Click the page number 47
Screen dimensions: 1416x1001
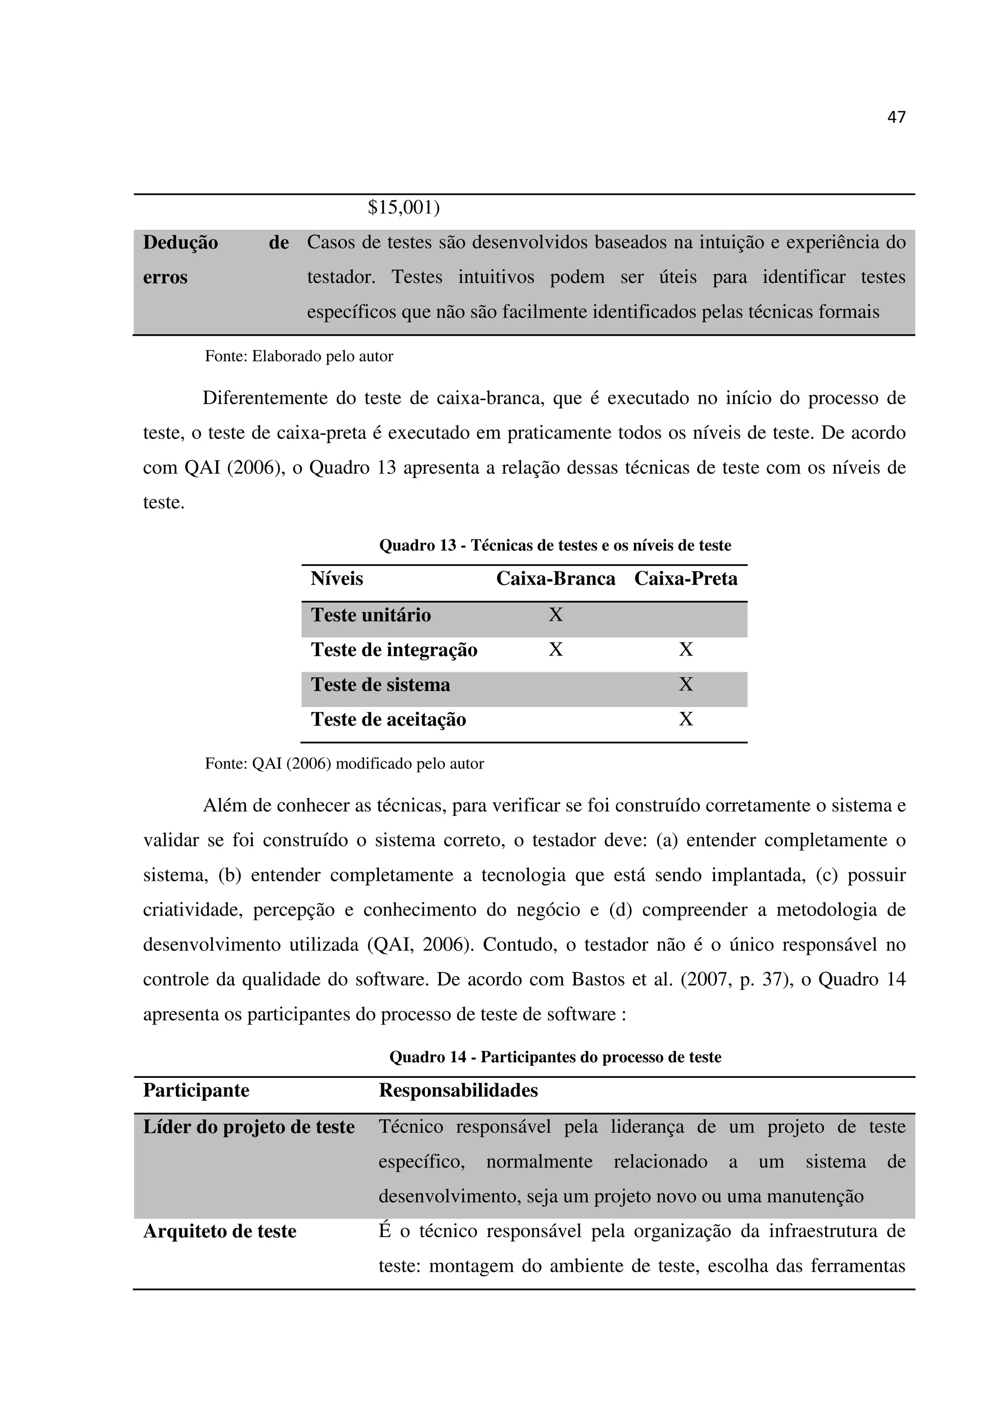896,117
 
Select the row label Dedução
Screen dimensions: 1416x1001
180,243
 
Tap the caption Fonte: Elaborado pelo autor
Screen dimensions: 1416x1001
299,357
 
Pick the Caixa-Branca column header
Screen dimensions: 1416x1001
555,579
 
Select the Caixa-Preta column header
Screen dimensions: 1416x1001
685,579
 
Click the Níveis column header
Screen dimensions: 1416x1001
337,579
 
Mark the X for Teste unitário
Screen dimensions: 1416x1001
555,615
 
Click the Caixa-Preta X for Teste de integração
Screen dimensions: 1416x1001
685,649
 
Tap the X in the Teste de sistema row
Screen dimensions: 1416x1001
685,685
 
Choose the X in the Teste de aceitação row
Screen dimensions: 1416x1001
685,719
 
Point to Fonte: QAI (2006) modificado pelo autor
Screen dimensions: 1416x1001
344,764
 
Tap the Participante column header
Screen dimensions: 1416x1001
196,1091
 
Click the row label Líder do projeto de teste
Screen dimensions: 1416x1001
249,1127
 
